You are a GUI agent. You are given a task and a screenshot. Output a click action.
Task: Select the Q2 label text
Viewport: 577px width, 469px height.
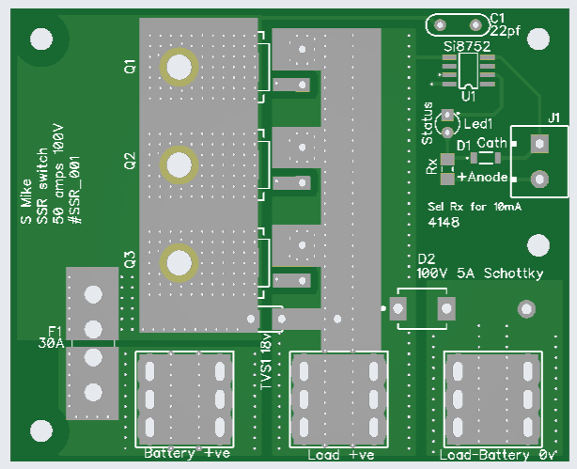[130, 160]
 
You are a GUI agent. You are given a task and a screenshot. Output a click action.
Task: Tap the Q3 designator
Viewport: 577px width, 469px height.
[130, 258]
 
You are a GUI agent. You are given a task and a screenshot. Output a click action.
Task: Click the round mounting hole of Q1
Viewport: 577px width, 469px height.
[177, 67]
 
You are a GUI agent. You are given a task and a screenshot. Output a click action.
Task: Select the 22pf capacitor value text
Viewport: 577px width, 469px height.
[506, 31]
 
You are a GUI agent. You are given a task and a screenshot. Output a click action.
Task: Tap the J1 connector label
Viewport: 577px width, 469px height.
[554, 117]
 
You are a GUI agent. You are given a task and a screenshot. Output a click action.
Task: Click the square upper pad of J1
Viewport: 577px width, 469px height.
[539, 144]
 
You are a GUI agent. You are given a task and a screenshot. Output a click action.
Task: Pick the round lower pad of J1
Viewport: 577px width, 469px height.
[539, 179]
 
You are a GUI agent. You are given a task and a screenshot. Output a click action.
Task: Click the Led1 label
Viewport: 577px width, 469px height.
[479, 124]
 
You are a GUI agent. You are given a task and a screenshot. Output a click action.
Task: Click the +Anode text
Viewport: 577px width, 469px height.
[483, 177]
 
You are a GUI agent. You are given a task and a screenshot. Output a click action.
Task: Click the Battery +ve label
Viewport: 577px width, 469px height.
[187, 453]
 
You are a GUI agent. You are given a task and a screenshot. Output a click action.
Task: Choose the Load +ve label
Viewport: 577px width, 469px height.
[341, 455]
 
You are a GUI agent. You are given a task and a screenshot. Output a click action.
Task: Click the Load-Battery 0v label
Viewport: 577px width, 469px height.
[499, 455]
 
